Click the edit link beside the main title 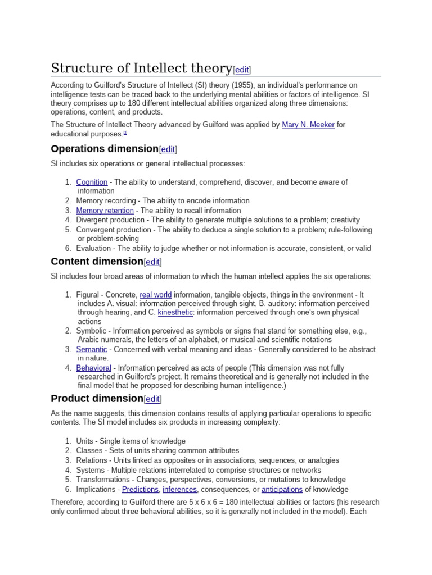242,70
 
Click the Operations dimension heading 105,149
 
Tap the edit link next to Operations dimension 168,149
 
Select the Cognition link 92,182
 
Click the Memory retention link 105,211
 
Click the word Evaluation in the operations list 93,248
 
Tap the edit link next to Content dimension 152,262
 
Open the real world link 156,295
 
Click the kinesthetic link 175,312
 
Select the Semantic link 92,349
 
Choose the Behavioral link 93,368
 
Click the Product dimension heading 97,399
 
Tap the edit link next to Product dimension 152,399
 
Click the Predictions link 141,489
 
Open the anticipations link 282,489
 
